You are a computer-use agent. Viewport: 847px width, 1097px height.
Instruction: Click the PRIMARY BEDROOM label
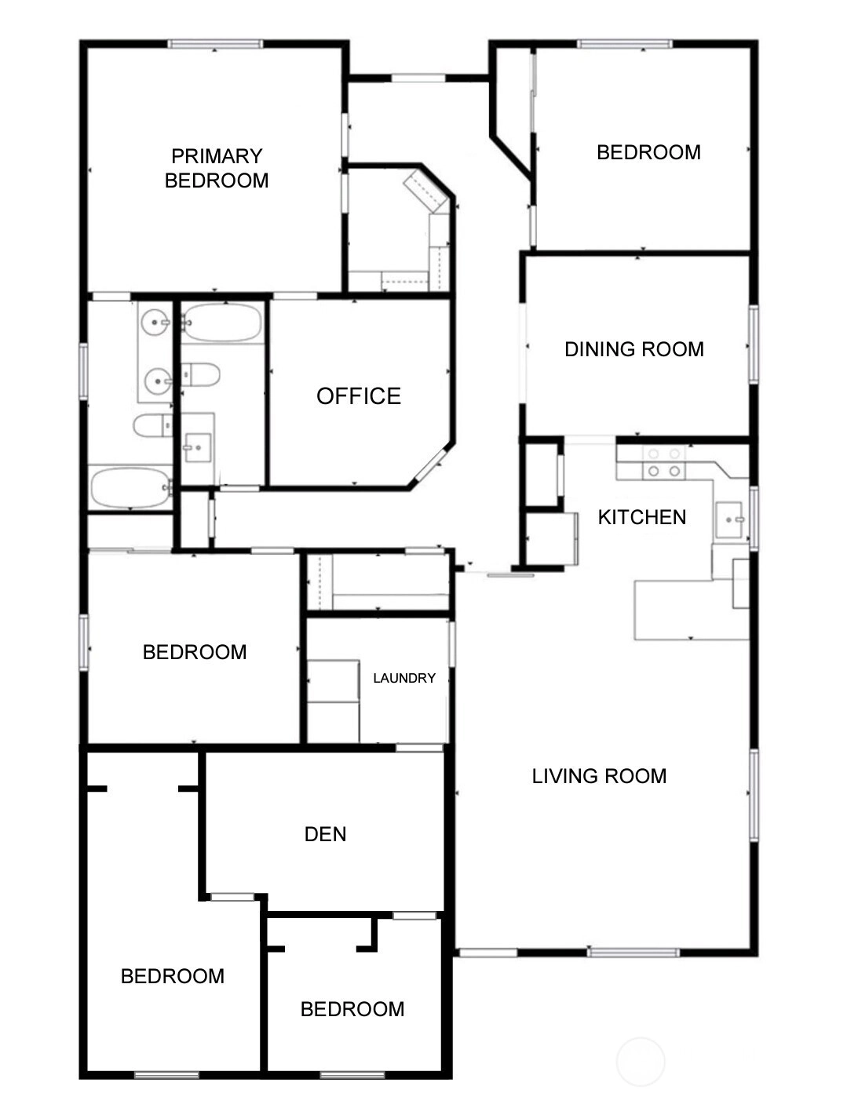(x=217, y=168)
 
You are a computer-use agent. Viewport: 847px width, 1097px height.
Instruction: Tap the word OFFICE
(x=359, y=396)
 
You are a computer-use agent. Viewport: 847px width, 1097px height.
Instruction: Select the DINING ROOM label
(x=634, y=349)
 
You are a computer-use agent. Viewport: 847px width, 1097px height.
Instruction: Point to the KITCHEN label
(x=641, y=517)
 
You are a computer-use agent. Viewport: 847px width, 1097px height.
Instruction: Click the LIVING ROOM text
(x=599, y=776)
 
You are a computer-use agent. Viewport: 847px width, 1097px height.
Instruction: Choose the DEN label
(x=325, y=834)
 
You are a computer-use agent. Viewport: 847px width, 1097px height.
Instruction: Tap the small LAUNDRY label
(x=404, y=678)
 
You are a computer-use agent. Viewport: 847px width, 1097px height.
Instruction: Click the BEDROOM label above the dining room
(x=648, y=152)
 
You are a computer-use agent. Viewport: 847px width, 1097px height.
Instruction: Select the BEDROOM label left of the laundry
(x=195, y=652)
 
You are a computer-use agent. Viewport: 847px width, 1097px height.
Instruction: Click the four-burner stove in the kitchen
(x=664, y=462)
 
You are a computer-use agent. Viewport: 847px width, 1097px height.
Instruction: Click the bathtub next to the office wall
(x=223, y=322)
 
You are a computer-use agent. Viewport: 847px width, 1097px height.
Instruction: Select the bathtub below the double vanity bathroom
(x=131, y=487)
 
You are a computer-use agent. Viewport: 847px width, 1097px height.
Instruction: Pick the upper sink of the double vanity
(x=155, y=321)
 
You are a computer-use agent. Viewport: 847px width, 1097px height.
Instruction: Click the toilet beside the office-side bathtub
(x=200, y=374)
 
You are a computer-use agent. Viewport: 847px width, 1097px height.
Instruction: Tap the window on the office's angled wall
(x=429, y=464)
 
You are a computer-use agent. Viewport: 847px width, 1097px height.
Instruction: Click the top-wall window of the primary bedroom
(x=216, y=45)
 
